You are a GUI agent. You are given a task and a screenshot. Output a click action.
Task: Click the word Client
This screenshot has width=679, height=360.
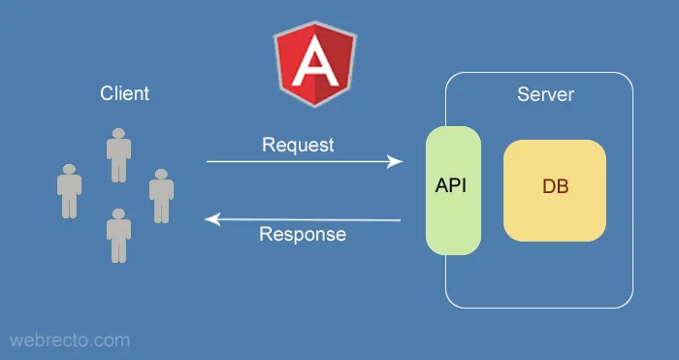(x=125, y=94)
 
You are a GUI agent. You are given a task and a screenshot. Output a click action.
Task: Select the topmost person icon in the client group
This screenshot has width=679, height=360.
(x=118, y=155)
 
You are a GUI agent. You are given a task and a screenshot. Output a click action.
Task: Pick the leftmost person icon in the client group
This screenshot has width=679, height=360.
(x=68, y=190)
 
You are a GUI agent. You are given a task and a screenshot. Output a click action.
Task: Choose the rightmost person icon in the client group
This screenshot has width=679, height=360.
(x=161, y=195)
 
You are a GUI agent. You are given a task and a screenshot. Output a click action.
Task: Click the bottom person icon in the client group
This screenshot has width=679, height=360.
(x=118, y=236)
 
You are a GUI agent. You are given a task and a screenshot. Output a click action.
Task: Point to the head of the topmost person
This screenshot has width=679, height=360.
(x=118, y=134)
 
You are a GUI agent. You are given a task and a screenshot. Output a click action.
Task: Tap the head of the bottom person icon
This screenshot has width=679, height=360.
(x=118, y=214)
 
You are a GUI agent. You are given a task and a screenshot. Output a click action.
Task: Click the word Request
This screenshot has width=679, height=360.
(x=298, y=145)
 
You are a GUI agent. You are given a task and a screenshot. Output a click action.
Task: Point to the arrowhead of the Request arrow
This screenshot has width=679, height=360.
(x=396, y=161)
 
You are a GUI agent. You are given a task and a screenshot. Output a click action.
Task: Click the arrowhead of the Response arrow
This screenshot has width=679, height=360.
(x=210, y=220)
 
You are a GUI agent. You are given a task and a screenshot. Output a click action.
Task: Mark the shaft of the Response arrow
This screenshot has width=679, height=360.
(x=310, y=220)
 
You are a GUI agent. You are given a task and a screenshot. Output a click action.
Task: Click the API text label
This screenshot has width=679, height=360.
(x=451, y=185)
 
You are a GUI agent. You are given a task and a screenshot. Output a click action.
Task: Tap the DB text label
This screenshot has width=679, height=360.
(x=555, y=186)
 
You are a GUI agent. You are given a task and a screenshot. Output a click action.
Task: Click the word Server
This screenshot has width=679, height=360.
(x=545, y=95)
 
